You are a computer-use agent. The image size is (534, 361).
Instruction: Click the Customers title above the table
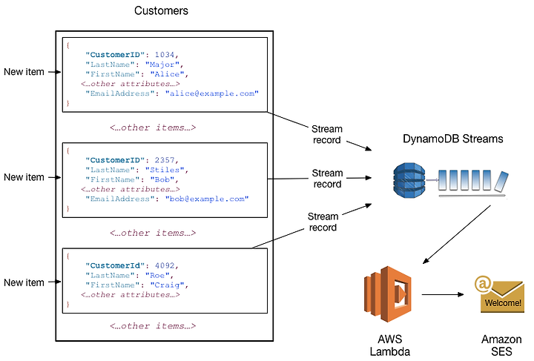161,10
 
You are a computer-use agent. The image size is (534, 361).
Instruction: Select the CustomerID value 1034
165,54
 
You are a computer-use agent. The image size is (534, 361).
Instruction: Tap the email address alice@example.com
212,93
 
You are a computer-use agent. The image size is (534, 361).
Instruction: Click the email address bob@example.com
207,199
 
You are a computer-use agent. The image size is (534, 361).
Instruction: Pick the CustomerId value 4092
165,265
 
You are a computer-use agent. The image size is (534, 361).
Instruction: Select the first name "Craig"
167,285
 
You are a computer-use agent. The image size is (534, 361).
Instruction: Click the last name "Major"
162,64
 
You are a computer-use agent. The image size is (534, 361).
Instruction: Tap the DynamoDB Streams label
452,139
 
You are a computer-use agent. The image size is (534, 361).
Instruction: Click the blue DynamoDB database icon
409,180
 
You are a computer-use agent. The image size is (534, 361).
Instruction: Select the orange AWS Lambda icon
388,294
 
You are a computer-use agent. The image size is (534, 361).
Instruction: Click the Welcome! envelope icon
500,294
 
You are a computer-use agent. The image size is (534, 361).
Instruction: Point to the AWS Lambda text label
390,345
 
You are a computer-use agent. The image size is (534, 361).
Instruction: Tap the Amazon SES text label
501,345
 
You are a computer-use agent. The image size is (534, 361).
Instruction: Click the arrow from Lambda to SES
443,294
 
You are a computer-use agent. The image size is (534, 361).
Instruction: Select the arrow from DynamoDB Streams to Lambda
456,234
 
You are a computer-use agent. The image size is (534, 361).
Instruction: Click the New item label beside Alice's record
24,72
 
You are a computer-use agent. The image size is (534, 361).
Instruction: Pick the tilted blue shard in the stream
501,182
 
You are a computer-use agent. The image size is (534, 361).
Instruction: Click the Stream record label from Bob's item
327,179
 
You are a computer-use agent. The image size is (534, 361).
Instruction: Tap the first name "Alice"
167,74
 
